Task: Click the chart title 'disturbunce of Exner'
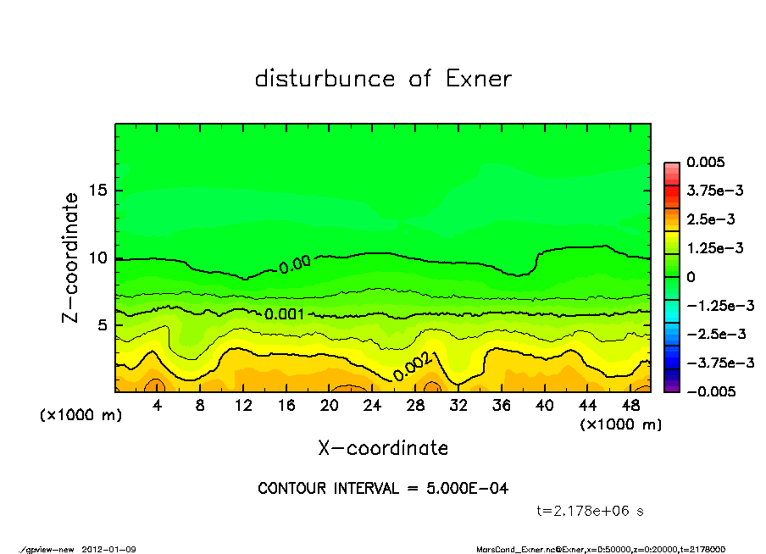click(383, 79)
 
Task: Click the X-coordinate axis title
click(383, 448)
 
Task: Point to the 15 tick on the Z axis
click(98, 191)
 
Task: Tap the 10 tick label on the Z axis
click(98, 258)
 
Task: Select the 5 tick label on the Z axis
click(103, 325)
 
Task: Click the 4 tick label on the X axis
click(158, 406)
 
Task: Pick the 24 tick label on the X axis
click(372, 406)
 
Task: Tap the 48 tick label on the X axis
click(630, 406)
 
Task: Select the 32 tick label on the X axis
click(458, 406)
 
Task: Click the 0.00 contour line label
click(294, 265)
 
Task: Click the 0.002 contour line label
click(413, 367)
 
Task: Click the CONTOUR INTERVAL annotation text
click(383, 489)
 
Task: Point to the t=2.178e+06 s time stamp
click(591, 511)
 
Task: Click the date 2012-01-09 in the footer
click(109, 549)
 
